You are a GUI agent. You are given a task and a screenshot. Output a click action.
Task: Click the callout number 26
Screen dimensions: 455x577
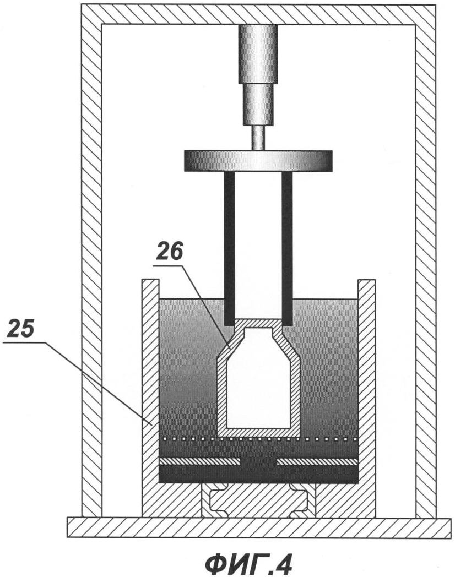169,252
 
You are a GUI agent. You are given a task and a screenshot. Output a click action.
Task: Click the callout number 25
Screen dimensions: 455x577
21,329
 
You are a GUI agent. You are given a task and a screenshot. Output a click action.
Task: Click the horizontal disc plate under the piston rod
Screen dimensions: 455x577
258,161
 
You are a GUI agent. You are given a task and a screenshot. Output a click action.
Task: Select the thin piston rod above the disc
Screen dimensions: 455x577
258,138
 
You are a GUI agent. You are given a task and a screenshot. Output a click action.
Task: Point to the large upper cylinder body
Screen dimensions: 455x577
258,54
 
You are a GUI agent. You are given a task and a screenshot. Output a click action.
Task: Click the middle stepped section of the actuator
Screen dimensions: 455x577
258,105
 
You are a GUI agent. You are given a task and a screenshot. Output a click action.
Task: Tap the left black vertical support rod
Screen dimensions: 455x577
229,249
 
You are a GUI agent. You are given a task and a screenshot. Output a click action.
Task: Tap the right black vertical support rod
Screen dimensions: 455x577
287,249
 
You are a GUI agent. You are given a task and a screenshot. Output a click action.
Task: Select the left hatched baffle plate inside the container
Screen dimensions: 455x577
199,461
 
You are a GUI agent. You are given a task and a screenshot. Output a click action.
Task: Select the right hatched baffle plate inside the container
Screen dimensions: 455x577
317,461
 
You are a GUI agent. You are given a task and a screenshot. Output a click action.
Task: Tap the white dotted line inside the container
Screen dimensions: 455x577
258,439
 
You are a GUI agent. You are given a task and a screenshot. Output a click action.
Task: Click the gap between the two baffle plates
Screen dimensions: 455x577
258,461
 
